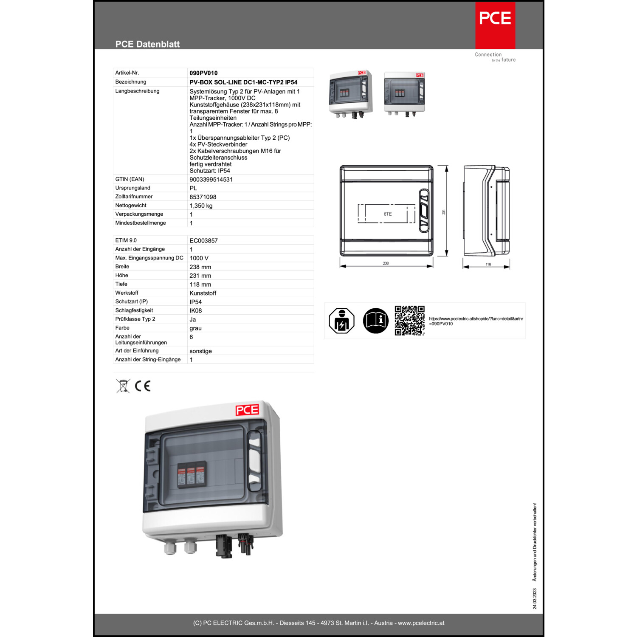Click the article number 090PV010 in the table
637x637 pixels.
[203, 73]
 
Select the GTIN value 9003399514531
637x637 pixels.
[211, 180]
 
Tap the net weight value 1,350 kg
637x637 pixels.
[201, 206]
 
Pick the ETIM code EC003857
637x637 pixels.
[203, 241]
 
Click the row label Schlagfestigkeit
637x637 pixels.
[134, 310]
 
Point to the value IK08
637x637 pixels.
[195, 311]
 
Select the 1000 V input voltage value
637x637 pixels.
[199, 258]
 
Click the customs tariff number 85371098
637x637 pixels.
[203, 197]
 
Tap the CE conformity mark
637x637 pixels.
[143, 386]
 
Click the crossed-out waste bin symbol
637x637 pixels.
[123, 386]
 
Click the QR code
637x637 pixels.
[409, 321]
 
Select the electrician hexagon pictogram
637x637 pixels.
[341, 321]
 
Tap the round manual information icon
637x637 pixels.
[375, 321]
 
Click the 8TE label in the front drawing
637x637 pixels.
[387, 214]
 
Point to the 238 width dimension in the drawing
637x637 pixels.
[386, 263]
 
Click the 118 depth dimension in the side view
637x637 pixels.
[488, 264]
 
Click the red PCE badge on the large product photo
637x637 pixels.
[247, 410]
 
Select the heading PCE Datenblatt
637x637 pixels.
[147, 44]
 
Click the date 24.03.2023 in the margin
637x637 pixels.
[535, 598]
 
